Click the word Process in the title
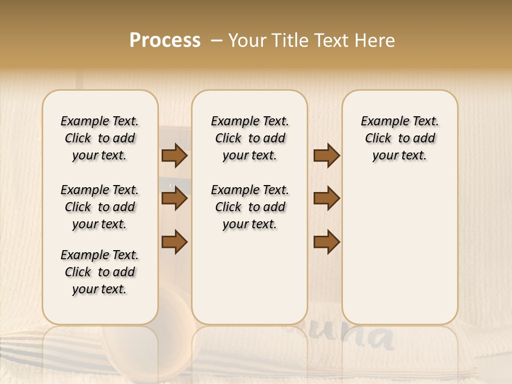click(165, 41)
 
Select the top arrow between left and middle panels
click(174, 155)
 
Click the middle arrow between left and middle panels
click(174, 198)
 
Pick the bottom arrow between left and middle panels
click(174, 242)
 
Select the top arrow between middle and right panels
click(326, 155)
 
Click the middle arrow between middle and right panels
click(326, 198)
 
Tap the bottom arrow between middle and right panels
click(326, 242)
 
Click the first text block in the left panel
click(100, 138)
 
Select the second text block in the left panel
click(100, 207)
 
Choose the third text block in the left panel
click(100, 272)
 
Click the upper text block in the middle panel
click(250, 138)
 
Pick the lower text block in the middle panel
click(250, 207)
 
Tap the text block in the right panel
click(399, 138)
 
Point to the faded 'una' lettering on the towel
click(363, 337)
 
